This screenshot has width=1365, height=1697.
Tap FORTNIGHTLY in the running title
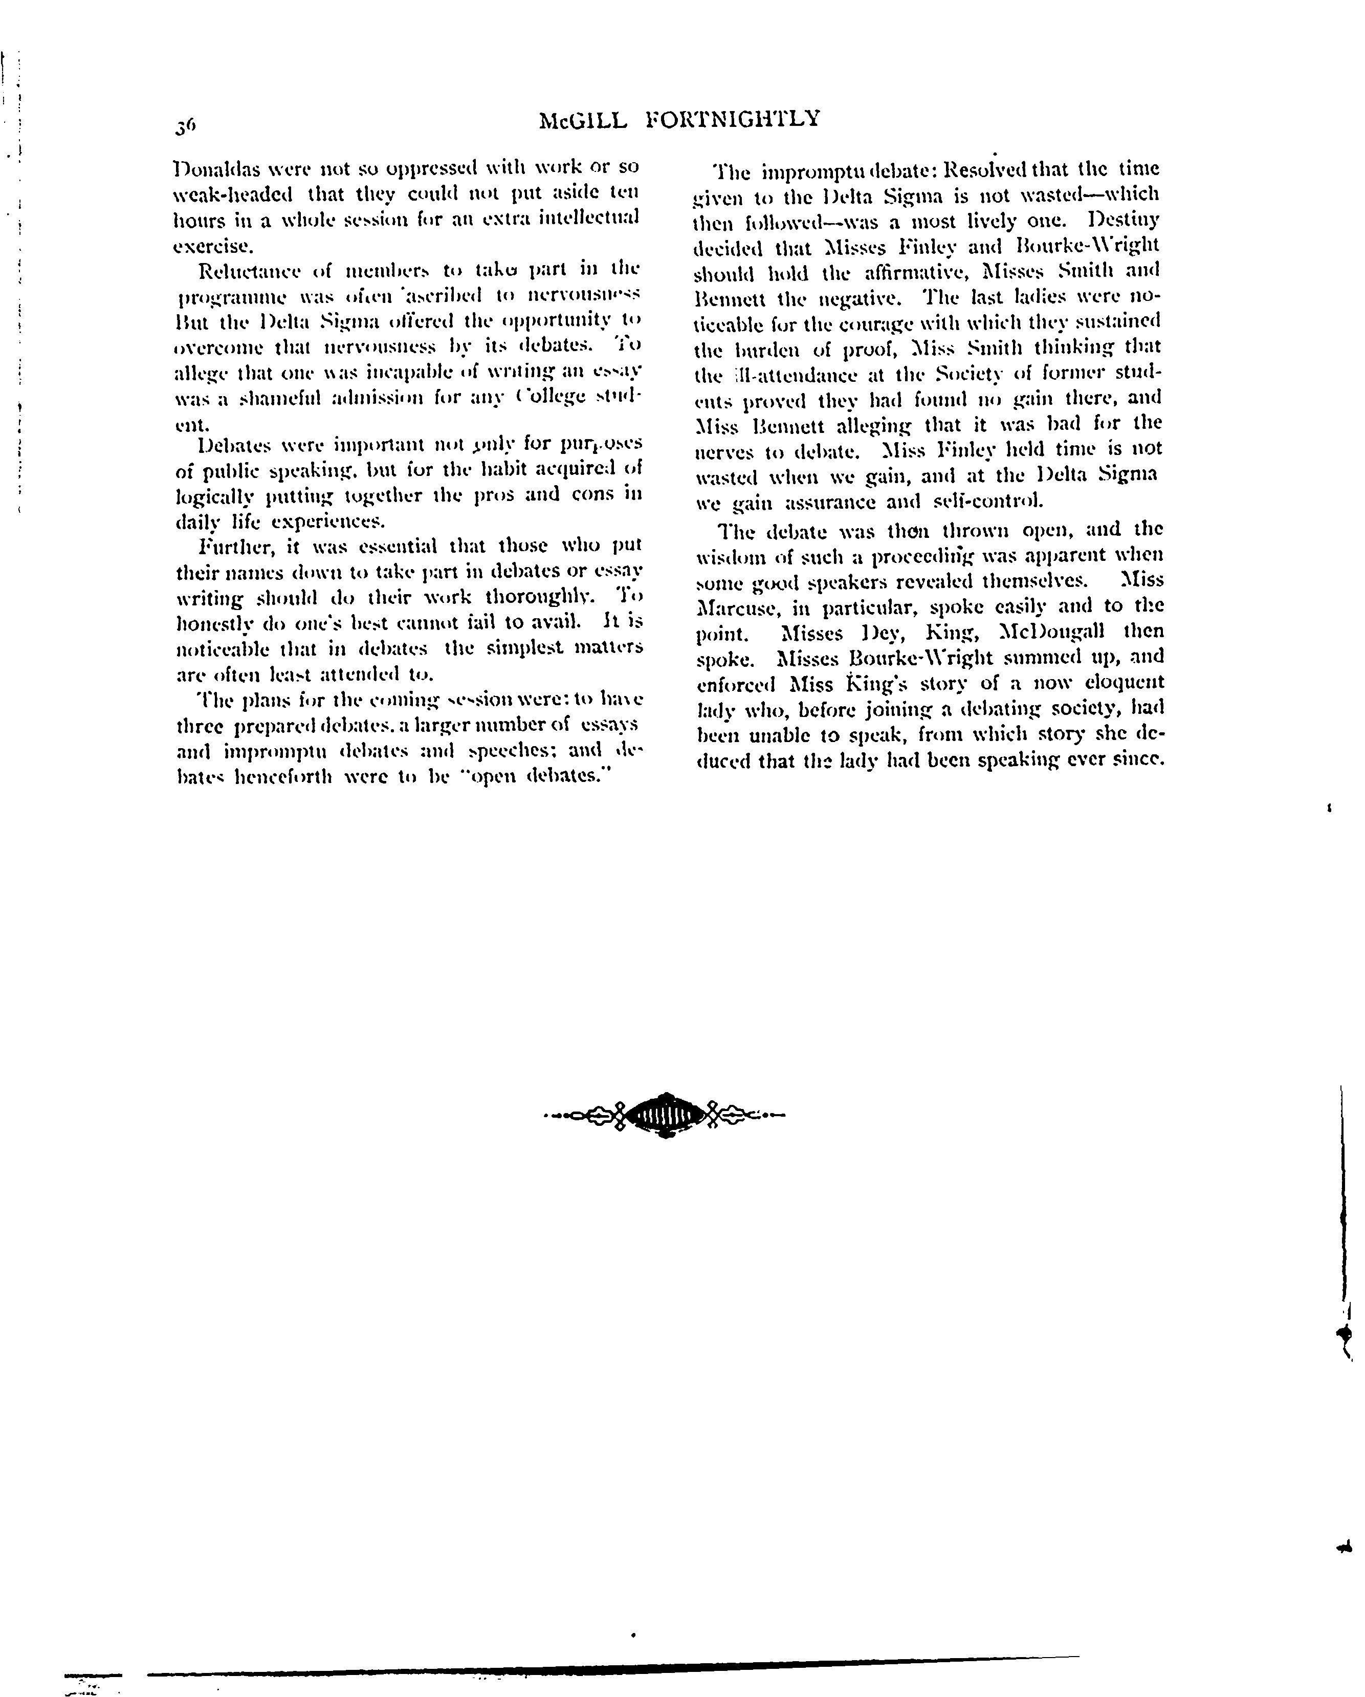click(x=733, y=119)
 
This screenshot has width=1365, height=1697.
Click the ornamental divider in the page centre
click(x=665, y=1115)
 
